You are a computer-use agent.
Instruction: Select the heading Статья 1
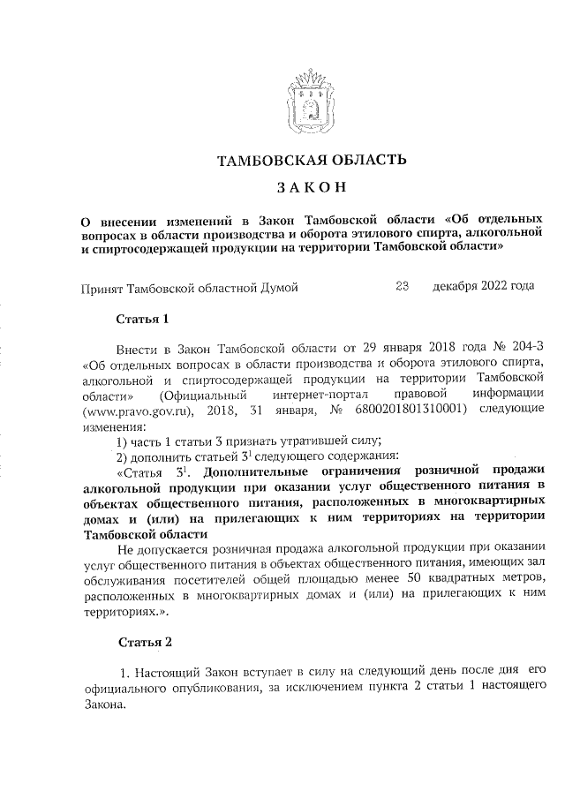coord(141,318)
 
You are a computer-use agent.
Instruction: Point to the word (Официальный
coord(199,395)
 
